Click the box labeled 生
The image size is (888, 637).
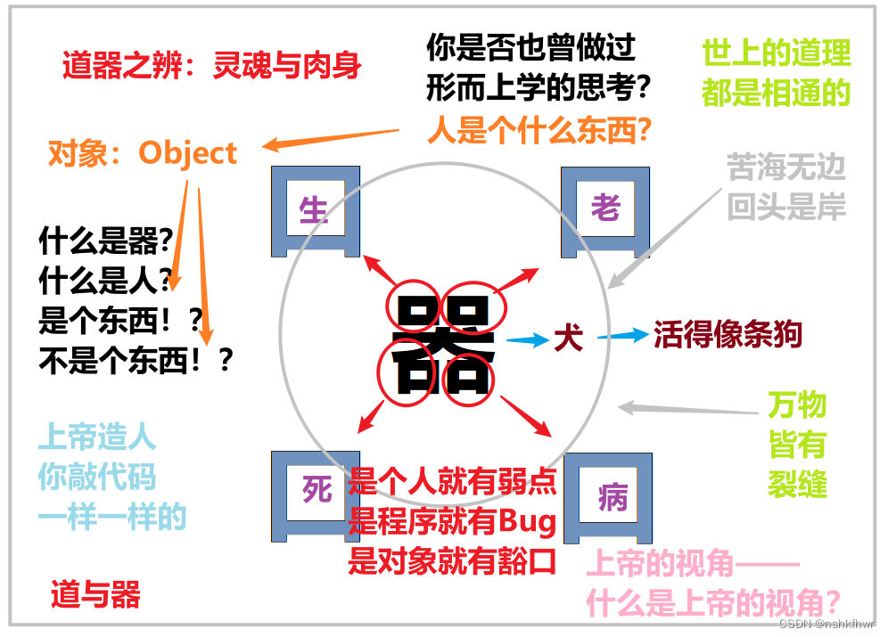pos(315,210)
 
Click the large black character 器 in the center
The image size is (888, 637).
pos(443,345)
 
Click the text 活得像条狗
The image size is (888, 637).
pos(728,334)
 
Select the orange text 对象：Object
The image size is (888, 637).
pos(143,153)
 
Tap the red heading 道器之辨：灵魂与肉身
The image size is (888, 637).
pos(212,66)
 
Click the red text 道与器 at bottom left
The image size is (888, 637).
pos(95,594)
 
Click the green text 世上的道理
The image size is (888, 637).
pos(776,53)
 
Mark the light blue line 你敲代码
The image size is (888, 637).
pos(96,478)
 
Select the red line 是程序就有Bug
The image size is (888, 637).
pos(452,521)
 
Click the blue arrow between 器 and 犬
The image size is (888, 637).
pos(528,339)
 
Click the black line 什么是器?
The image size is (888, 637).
pos(105,241)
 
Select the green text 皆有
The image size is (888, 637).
pos(797,445)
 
